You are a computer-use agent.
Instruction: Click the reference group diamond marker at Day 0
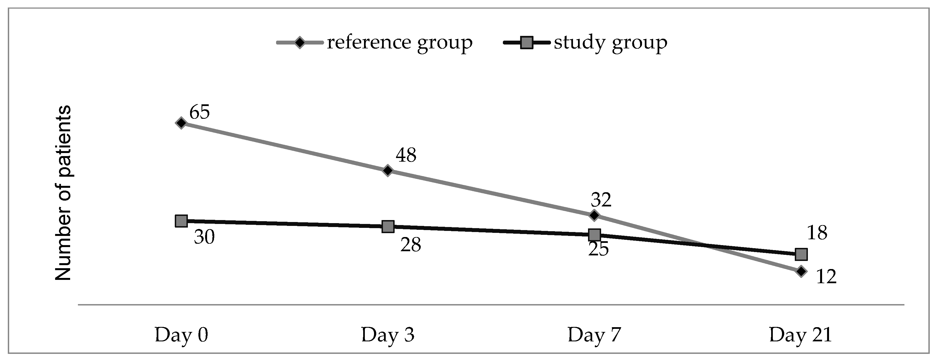pos(181,123)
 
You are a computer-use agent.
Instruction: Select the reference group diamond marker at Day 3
pos(388,170)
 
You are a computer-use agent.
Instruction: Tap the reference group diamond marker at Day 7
pos(594,215)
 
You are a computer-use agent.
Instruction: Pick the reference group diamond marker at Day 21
pos(801,271)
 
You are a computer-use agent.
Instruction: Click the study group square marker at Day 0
pos(181,221)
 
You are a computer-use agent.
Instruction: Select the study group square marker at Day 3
pos(388,226)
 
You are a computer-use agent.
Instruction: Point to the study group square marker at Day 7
pos(594,235)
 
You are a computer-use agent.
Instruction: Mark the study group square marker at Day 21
pos(801,254)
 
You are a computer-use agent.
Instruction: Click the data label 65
pos(199,112)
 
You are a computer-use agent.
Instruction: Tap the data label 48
pos(406,155)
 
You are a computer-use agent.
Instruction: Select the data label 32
pos(601,200)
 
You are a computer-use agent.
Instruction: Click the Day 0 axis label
pos(181,335)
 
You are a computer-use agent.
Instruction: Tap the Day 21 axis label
pos(800,335)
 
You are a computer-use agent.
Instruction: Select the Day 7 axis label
pos(594,335)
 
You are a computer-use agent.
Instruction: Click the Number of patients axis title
pos(63,193)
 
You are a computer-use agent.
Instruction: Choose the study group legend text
pos(610,43)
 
